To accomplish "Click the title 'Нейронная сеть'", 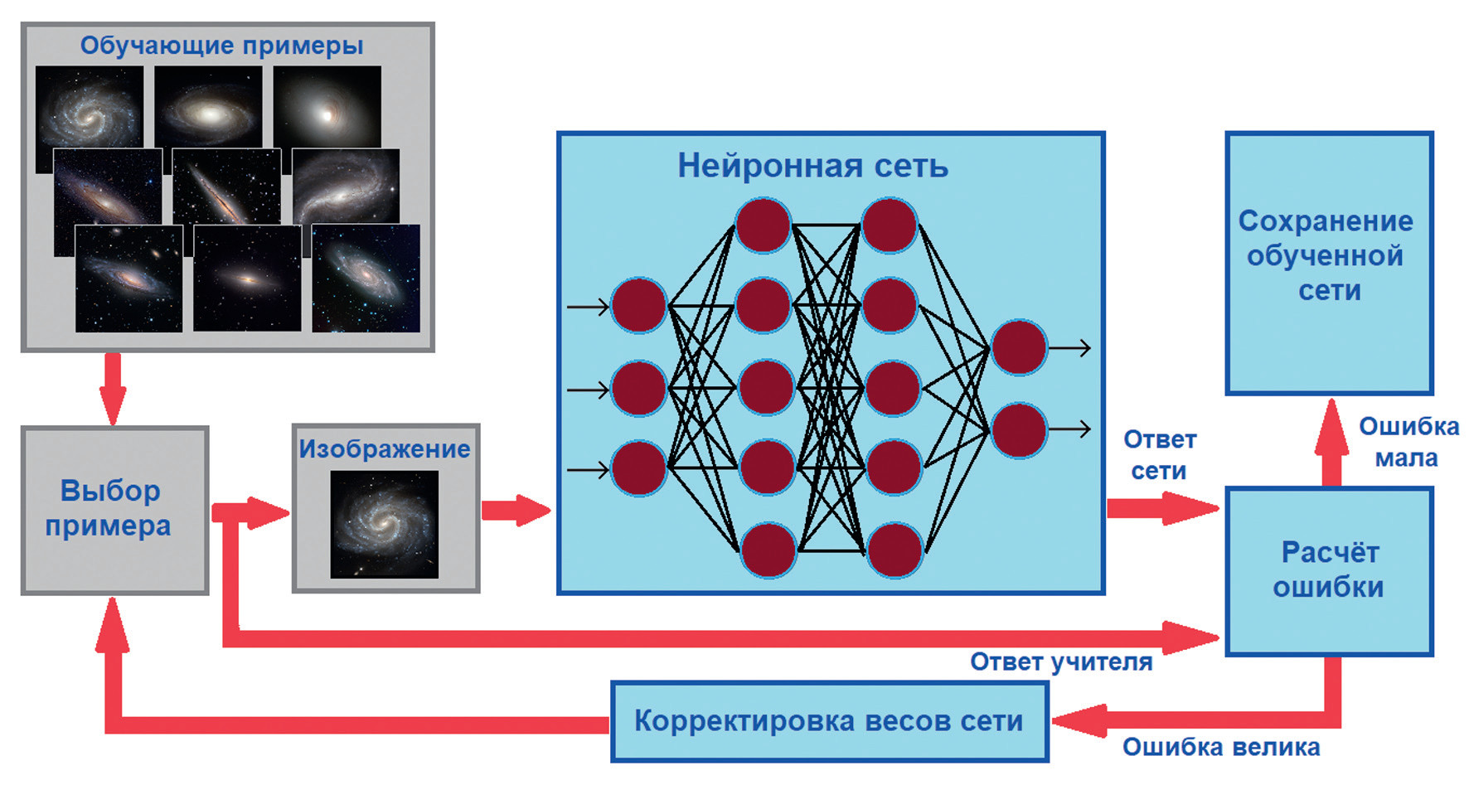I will point(812,166).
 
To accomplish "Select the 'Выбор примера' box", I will point(114,509).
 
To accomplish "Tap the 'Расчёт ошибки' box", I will point(1328,569).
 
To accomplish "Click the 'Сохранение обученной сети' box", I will point(1328,257).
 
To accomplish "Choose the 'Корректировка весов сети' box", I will point(829,721).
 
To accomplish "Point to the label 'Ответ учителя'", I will point(1061,661).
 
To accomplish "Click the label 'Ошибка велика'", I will point(1220,747).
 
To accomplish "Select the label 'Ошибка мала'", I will point(1408,442).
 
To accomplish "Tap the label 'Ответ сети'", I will point(1159,455).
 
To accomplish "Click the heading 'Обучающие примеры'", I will point(221,46).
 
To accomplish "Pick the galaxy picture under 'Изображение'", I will point(384,524).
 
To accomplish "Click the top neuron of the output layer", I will point(1019,347).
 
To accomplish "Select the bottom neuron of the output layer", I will point(1019,430).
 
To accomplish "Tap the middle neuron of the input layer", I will point(638,388).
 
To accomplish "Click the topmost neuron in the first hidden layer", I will point(763,225).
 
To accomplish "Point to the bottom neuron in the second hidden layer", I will point(893,550).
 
